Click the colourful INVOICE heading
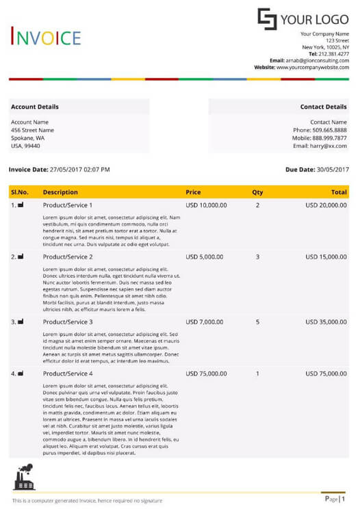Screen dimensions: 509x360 (46, 38)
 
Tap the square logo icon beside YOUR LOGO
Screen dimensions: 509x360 (267, 18)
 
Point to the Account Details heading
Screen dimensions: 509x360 (35, 107)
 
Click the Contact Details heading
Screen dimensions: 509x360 (323, 107)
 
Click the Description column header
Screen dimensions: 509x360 (60, 192)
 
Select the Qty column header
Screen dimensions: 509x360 (257, 192)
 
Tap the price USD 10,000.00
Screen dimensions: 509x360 (206, 205)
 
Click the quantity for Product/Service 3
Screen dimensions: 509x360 (257, 322)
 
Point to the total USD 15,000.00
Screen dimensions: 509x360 (326, 257)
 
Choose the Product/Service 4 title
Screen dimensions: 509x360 (68, 374)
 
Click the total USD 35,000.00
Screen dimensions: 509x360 (326, 322)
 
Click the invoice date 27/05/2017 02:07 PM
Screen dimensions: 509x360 (79, 169)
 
